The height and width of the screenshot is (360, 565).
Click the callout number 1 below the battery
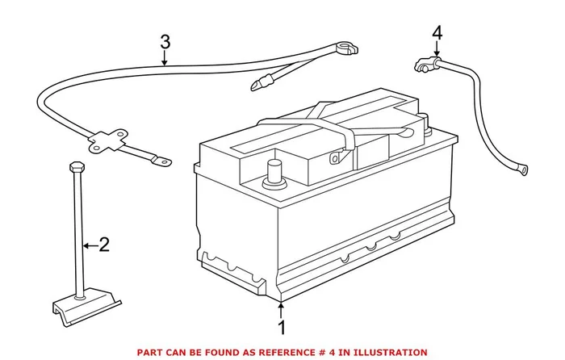pos(282,329)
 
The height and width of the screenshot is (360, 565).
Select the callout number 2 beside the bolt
pos(103,245)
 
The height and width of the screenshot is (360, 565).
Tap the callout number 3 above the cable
pos(165,41)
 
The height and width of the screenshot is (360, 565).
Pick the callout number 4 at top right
pos(437,33)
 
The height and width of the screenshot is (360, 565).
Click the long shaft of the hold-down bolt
pos(78,234)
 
